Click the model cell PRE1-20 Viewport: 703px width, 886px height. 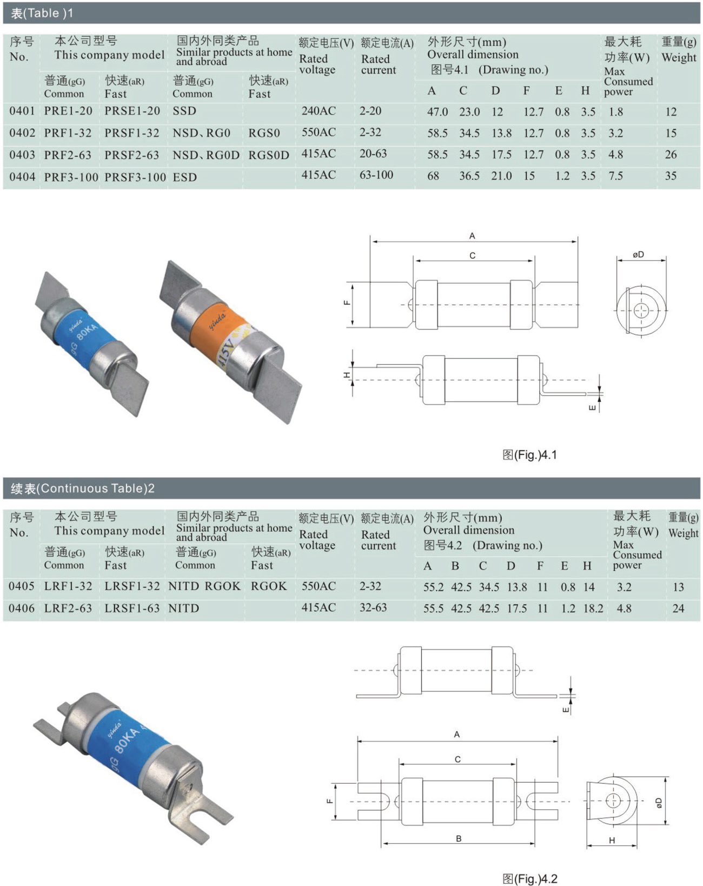pyautogui.click(x=68, y=111)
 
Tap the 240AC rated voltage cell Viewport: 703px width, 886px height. pyautogui.click(x=318, y=111)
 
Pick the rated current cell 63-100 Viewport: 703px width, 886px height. pyautogui.click(x=376, y=175)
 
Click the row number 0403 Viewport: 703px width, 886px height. pyautogui.click(x=22, y=155)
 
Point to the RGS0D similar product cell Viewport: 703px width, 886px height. pyautogui.click(x=269, y=155)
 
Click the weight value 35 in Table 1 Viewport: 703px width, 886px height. pyautogui.click(x=671, y=176)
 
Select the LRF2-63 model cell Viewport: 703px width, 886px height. pyautogui.click(x=68, y=608)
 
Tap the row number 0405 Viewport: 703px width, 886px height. pyautogui.click(x=22, y=586)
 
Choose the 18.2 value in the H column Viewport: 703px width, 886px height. pyautogui.click(x=593, y=609)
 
